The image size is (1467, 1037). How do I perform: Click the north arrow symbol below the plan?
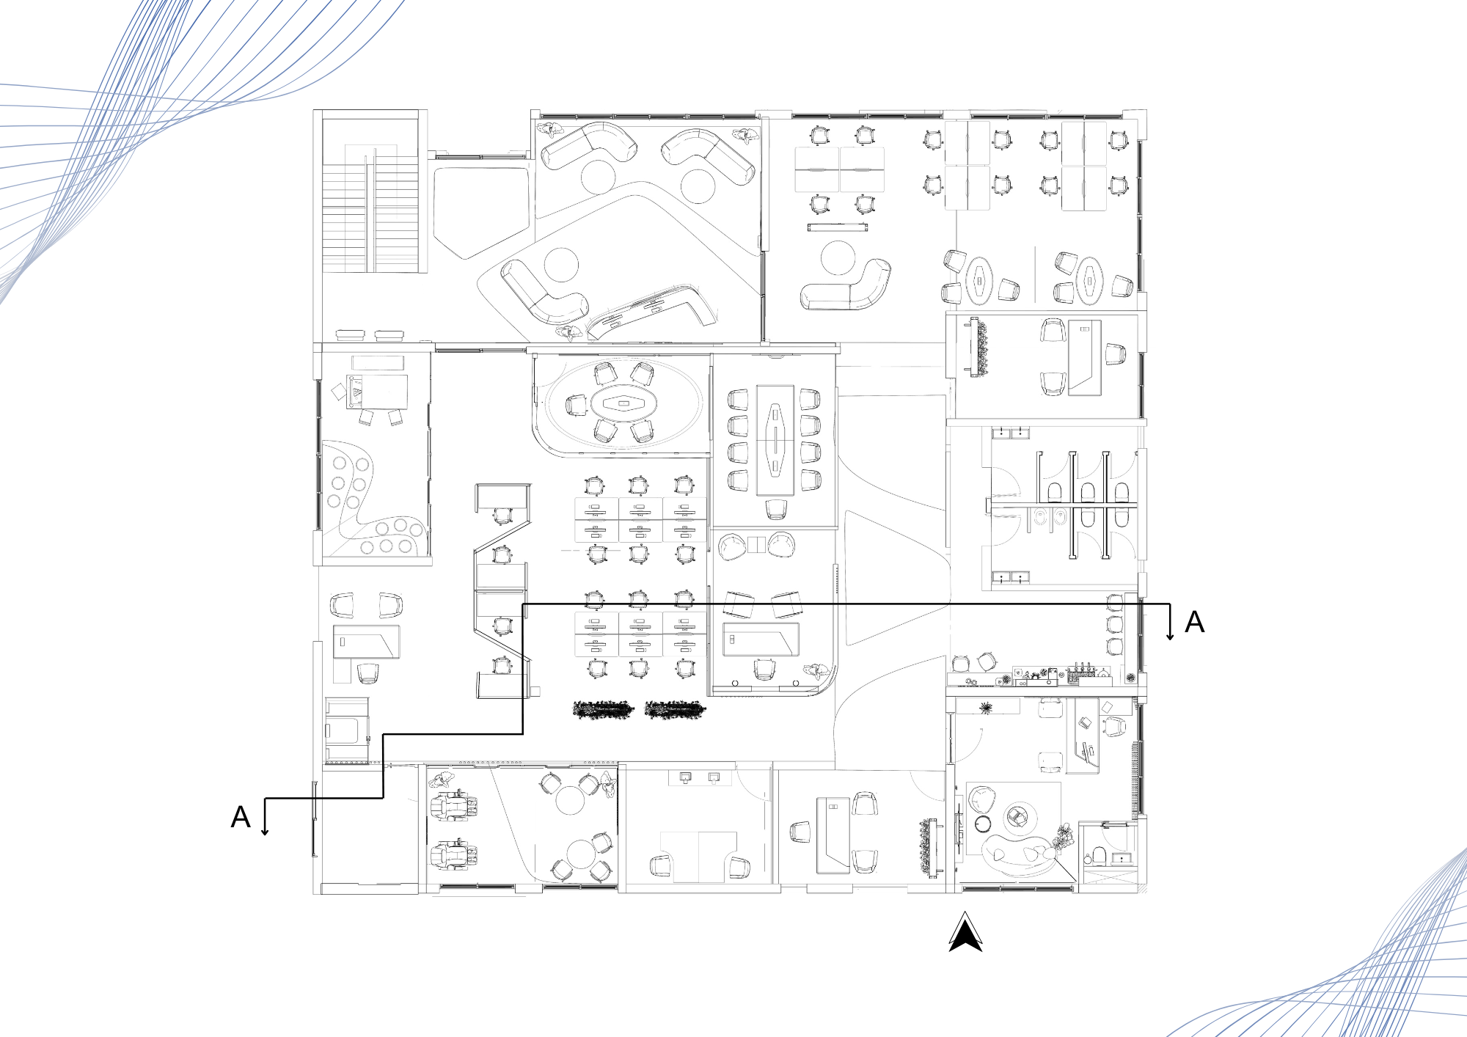(x=965, y=933)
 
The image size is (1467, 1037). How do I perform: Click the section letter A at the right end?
(x=1194, y=622)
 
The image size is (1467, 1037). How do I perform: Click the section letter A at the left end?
(x=241, y=817)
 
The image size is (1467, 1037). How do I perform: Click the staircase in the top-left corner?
(x=371, y=209)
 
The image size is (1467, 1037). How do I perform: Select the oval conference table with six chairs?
(x=623, y=403)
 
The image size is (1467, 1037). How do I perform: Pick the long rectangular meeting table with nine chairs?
(x=775, y=439)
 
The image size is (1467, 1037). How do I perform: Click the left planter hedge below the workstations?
(x=603, y=709)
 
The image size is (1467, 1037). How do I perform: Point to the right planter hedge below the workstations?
(x=675, y=709)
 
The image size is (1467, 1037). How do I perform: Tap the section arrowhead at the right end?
(x=1170, y=636)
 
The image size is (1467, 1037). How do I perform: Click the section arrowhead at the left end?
(x=265, y=831)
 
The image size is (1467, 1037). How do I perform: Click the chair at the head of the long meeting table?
(x=775, y=508)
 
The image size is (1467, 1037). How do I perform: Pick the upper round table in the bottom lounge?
(x=570, y=800)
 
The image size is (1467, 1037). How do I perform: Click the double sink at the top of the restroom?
(x=1010, y=433)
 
